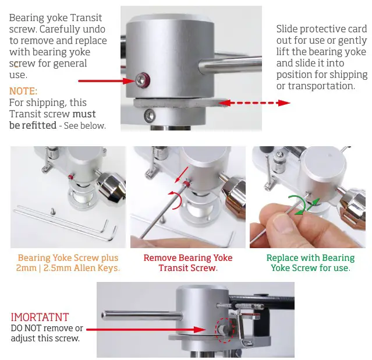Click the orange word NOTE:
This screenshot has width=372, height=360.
23,91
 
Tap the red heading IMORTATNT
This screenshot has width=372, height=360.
40,317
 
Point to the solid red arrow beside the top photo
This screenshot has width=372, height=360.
105,80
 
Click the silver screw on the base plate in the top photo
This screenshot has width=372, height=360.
150,114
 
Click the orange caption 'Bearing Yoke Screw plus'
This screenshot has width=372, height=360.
68,257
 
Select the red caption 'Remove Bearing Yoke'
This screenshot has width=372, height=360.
188,257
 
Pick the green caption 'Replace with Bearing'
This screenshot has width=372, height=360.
310,257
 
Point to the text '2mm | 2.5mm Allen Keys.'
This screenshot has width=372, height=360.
68,268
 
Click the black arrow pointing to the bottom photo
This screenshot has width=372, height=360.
146,329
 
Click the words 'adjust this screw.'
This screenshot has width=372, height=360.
45,338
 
